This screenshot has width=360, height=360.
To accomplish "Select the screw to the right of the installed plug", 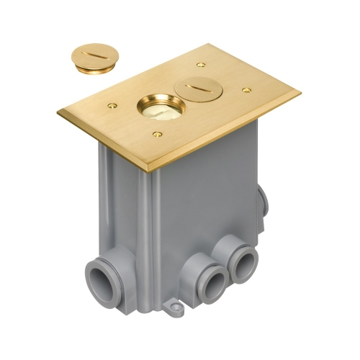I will (x=246, y=91).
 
